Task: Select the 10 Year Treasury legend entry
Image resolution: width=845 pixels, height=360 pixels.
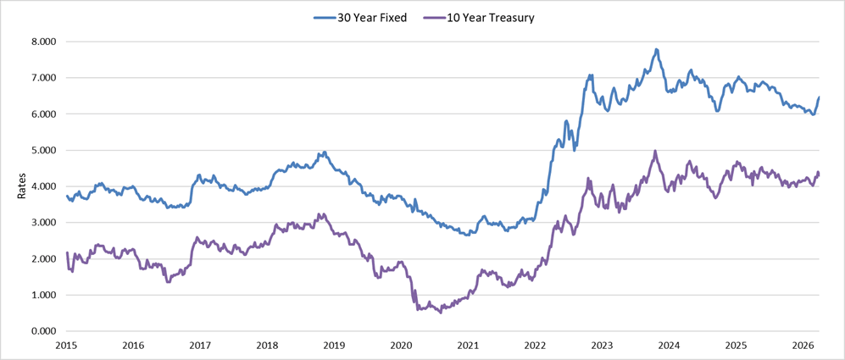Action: tap(484, 17)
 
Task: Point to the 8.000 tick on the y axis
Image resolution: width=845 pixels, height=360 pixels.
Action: tap(42, 42)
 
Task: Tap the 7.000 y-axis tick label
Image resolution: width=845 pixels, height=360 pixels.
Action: tap(42, 78)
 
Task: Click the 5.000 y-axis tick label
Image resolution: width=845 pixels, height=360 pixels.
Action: tap(42, 150)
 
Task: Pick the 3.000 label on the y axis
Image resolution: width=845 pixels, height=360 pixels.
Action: tap(42, 223)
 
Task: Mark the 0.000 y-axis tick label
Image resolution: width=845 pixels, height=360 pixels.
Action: tap(42, 331)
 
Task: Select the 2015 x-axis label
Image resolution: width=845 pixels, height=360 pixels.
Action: tap(66, 346)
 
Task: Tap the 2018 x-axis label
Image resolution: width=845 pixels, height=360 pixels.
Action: tap(267, 346)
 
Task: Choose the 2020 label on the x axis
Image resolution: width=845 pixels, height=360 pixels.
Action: tap(401, 346)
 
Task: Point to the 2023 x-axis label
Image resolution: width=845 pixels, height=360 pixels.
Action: tap(602, 346)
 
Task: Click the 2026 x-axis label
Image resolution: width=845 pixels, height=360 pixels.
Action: tap(803, 346)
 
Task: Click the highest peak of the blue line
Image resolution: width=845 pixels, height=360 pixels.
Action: tap(657, 49)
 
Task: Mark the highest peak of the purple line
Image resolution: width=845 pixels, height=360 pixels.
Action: tap(655, 152)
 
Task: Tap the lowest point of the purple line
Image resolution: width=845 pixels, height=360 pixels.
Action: tap(440, 313)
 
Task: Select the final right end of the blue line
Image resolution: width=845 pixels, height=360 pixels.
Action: tap(819, 97)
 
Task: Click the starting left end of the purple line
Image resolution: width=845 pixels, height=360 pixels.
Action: tap(67, 253)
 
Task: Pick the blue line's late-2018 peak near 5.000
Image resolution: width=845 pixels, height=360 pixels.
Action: tap(324, 152)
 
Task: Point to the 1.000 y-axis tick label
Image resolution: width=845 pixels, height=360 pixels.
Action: tap(42, 295)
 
